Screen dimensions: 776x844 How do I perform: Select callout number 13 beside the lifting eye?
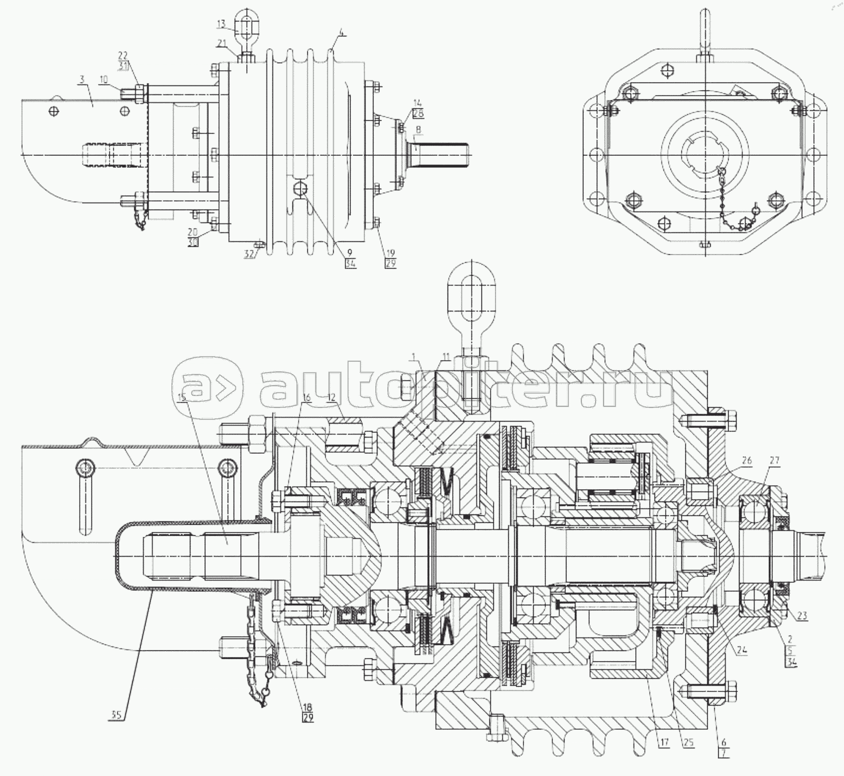tap(222, 24)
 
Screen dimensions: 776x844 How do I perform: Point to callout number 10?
tap(104, 80)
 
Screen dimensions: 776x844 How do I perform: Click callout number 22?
tap(123, 55)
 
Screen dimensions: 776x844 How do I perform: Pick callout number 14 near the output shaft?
tap(418, 103)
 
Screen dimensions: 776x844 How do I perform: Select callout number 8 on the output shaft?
tap(418, 129)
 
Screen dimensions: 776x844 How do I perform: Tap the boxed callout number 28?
tap(418, 113)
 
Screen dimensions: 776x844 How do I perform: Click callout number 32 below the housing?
tap(249, 254)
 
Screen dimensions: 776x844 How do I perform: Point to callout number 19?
tap(390, 254)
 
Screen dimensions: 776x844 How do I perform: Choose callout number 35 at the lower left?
tap(116, 715)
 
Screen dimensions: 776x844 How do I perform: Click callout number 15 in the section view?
tap(182, 398)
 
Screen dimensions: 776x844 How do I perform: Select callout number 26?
tap(747, 460)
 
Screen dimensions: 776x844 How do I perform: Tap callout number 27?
tap(774, 460)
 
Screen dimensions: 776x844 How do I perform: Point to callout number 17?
tap(664, 742)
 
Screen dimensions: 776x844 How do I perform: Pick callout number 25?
tap(689, 742)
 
